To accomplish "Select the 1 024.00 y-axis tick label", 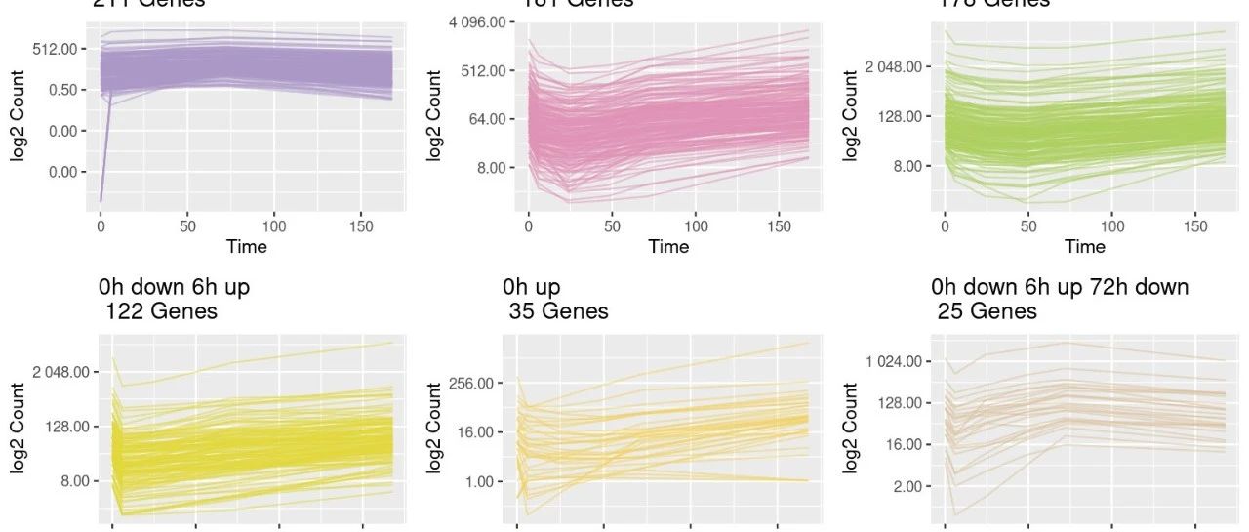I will (x=893, y=361).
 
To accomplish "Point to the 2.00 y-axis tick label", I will (x=904, y=486).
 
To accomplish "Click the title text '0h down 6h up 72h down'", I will (x=1060, y=287).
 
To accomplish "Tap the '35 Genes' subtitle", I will (x=558, y=311).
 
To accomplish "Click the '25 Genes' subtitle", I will (x=987, y=311).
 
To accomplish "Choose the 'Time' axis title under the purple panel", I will (x=247, y=247).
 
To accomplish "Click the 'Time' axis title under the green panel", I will (x=1085, y=247).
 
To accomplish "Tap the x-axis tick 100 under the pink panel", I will (x=695, y=225).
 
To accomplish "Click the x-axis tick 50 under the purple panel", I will (x=187, y=225).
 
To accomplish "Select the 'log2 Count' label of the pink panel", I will (x=435, y=115).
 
